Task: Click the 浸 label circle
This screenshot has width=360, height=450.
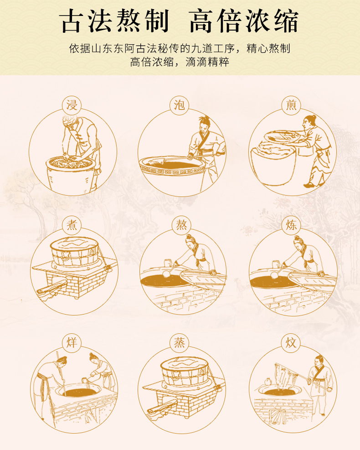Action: coord(72,105)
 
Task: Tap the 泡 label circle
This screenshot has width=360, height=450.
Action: coord(179,105)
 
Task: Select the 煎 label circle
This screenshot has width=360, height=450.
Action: coord(291,105)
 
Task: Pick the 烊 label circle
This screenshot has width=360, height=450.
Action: coord(72,343)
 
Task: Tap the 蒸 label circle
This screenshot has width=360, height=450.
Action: coord(179,343)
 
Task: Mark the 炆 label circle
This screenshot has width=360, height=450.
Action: coord(291,343)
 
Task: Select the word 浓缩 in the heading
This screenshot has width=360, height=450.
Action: coord(272,21)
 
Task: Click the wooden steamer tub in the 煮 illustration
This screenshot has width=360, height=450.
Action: coord(75,251)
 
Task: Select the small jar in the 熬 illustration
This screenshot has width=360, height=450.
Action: coord(168,263)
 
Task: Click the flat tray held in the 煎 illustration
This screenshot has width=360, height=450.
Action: coord(282,136)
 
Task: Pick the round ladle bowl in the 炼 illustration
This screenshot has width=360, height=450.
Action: coord(274,275)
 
